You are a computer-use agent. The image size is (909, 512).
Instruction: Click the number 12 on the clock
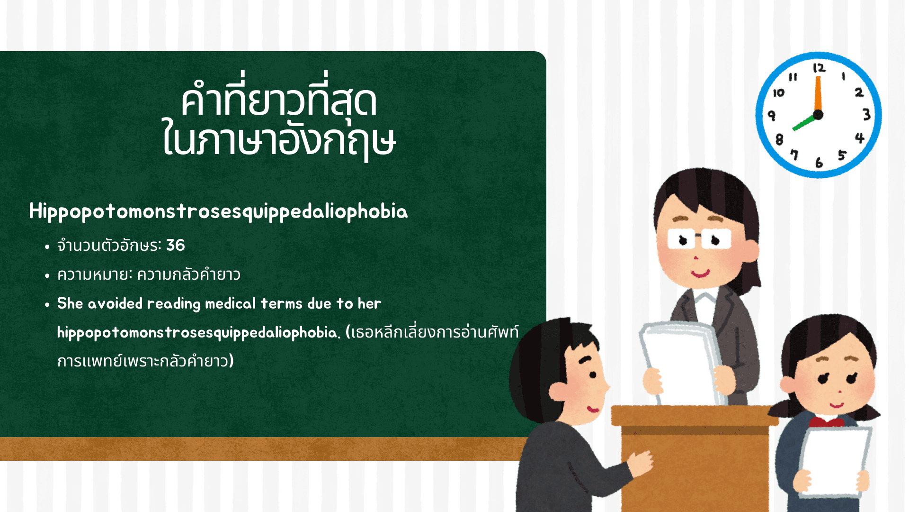click(819, 68)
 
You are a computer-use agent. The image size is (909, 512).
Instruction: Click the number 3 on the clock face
click(866, 114)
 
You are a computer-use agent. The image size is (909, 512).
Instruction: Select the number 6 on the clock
click(819, 163)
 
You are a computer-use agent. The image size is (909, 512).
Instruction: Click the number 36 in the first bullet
click(175, 245)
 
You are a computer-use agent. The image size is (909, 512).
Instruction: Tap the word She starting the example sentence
click(70, 303)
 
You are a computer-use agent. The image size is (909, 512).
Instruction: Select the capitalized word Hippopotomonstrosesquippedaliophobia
click(218, 211)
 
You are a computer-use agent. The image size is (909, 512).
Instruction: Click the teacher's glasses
click(698, 239)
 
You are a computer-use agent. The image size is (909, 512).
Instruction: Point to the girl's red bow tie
click(826, 421)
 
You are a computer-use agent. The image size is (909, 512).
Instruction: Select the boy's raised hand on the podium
click(642, 462)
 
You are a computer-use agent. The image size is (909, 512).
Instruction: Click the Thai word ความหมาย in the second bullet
click(93, 274)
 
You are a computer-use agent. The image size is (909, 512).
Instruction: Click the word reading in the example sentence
click(174, 303)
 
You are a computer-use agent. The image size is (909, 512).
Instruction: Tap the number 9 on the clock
click(772, 115)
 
